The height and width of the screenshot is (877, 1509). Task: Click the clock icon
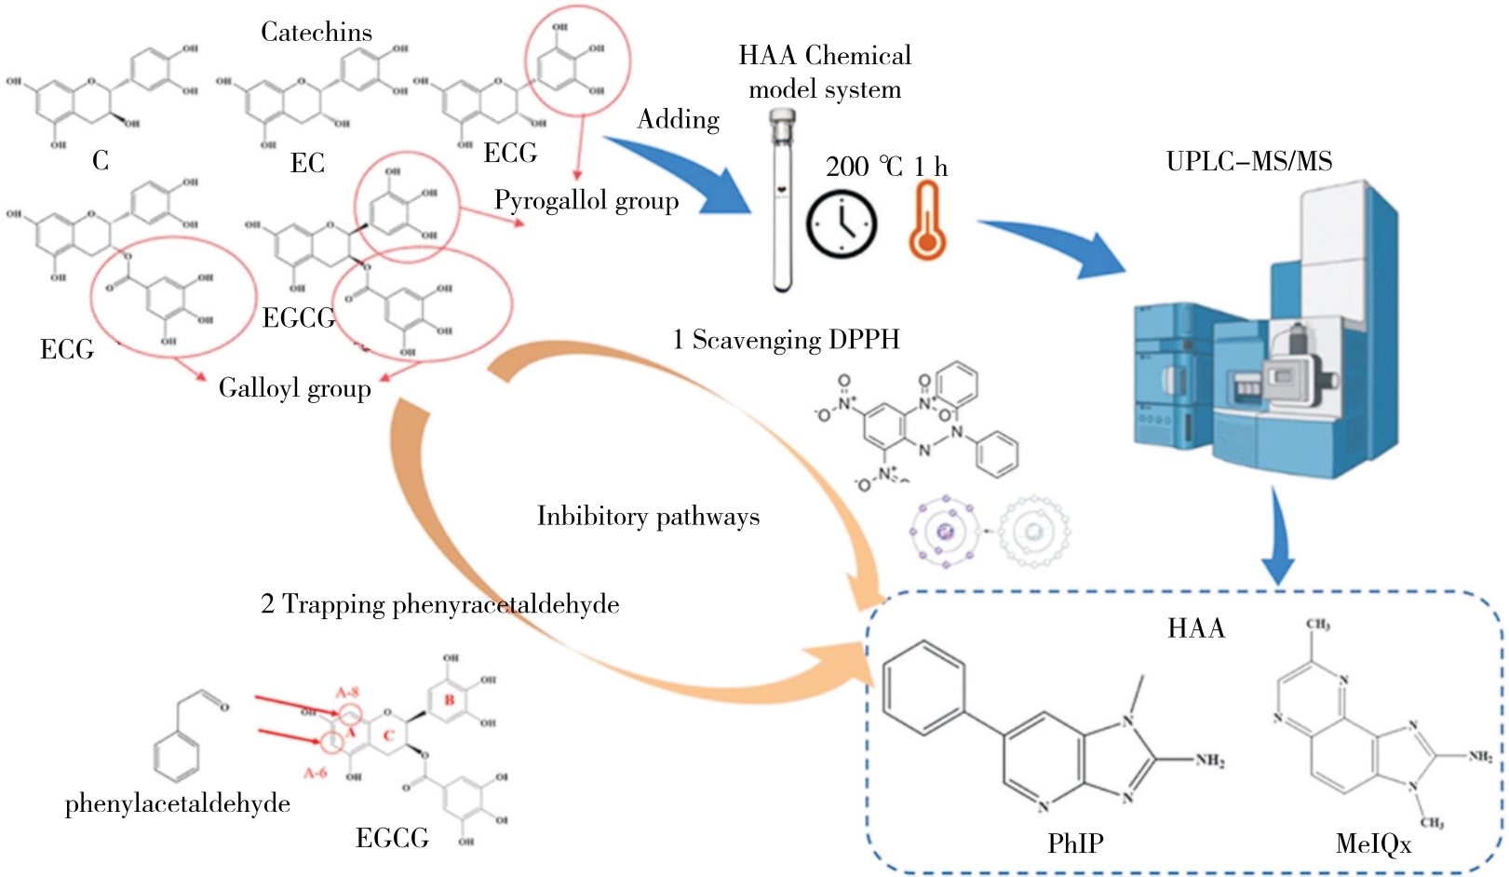841,224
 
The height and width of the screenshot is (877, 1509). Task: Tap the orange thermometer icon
926,222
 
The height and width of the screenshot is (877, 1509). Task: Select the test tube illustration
783,200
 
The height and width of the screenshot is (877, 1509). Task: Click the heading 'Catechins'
316,33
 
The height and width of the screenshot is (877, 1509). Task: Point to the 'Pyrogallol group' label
586,200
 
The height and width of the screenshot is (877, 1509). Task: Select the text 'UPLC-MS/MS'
1248,161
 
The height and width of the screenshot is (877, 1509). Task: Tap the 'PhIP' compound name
1075,843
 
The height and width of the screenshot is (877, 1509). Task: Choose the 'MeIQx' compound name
1373,844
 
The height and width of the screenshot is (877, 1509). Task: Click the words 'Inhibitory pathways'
648,516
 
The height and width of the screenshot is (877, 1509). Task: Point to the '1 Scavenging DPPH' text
786,340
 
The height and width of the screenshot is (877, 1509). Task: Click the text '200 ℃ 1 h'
885,167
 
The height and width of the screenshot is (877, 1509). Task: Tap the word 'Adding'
678,119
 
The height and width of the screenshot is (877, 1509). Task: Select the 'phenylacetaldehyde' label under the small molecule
177,803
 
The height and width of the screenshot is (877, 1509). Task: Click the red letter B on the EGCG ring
450,699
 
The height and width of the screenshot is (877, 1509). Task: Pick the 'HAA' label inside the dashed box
1195,628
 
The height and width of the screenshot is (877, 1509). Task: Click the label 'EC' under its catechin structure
307,163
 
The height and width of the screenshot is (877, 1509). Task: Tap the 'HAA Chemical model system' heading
825,72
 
